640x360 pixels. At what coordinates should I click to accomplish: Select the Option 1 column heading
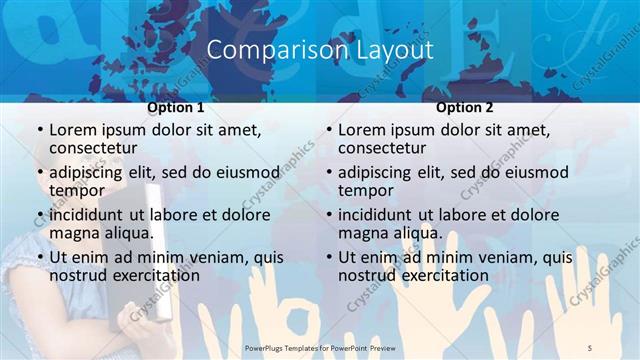tap(176, 108)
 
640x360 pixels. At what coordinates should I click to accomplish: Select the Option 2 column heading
tap(465, 108)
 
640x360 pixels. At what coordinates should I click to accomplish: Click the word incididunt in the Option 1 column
tap(86, 215)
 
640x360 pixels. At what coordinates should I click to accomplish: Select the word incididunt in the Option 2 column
tap(375, 215)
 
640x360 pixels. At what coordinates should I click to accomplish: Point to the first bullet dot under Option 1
tap(39, 130)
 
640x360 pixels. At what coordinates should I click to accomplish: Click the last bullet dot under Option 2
tap(328, 258)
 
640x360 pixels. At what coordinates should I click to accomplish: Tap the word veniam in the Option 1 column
tap(215, 257)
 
